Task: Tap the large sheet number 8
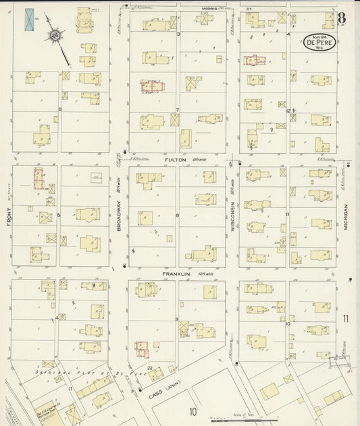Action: point(342,18)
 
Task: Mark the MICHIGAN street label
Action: point(345,218)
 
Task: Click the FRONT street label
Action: point(9,218)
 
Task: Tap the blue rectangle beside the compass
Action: point(30,20)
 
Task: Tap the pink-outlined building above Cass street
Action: point(140,348)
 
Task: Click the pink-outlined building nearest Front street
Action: point(38,180)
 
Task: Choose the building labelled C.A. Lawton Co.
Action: point(50,410)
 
